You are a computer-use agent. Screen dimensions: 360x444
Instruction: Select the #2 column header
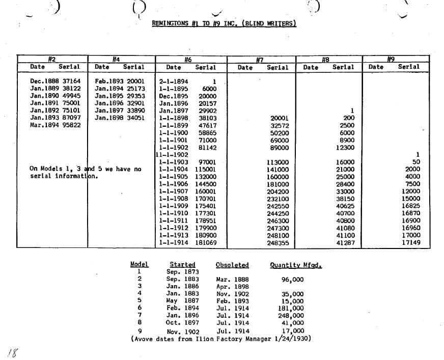point(51,59)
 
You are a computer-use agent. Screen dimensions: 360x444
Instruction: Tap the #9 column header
point(391,59)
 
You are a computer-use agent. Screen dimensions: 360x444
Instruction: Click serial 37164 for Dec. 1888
point(71,81)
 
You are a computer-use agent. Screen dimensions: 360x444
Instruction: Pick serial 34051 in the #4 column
point(136,118)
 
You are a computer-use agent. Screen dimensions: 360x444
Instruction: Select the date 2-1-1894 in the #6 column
point(174,81)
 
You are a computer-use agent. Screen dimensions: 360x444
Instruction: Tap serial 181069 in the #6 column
point(206,243)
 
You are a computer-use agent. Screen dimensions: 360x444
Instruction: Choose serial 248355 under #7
point(278,243)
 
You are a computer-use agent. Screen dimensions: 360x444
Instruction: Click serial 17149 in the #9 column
point(410,243)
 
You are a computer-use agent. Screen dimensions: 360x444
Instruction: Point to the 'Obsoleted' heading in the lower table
point(232,265)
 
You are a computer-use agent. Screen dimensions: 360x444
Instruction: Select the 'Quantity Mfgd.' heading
point(296,265)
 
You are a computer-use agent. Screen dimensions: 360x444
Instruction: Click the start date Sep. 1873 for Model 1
point(181,272)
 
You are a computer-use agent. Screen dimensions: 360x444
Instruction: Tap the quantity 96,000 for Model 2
point(292,280)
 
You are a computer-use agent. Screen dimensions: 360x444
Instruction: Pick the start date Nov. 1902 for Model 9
point(183,332)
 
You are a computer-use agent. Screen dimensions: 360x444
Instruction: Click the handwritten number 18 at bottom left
point(12,351)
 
